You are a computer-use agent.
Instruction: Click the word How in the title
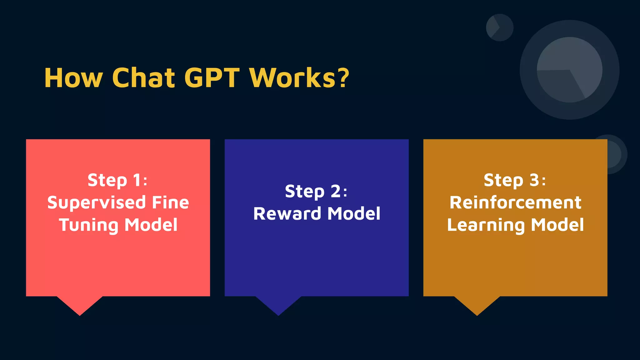click(x=73, y=78)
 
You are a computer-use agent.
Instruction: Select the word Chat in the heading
click(x=143, y=78)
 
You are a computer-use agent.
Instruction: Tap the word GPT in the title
click(x=212, y=78)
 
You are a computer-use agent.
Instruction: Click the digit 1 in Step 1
click(x=137, y=180)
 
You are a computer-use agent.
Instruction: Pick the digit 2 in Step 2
click(x=336, y=191)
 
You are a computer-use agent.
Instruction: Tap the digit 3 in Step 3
click(x=534, y=180)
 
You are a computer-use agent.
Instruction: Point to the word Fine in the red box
click(x=170, y=202)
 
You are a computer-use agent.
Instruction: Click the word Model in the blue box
click(x=354, y=214)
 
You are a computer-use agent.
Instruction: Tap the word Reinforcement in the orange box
click(x=515, y=202)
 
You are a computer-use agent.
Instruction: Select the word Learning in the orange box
click(x=486, y=225)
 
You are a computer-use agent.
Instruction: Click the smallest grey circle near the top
click(x=499, y=27)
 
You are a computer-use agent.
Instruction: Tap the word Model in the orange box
click(x=557, y=225)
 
